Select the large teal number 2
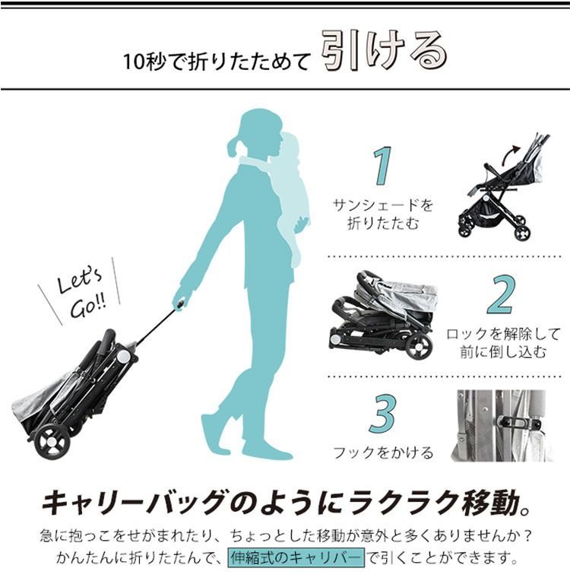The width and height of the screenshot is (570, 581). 500,295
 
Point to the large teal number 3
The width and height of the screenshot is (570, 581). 382,414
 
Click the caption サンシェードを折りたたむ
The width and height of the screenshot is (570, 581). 383,214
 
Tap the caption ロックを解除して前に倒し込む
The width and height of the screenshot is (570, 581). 502,342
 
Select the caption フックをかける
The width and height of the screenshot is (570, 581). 383,453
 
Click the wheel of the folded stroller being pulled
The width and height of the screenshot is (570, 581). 52,442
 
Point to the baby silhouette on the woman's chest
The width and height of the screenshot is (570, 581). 293,190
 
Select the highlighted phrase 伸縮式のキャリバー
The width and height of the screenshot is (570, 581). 296,557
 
